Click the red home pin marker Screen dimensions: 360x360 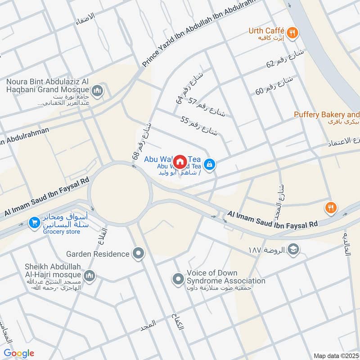point(180,161)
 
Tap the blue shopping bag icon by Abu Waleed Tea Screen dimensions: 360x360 point(209,165)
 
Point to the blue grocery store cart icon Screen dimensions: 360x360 point(34,222)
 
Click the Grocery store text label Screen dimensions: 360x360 point(61,232)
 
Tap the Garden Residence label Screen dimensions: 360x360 point(97,254)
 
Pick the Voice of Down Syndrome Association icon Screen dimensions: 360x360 point(178,279)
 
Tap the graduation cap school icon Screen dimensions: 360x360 point(293,249)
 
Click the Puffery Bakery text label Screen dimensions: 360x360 point(326,115)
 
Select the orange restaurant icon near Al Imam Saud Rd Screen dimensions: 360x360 point(331,207)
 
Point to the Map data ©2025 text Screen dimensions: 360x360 point(336,355)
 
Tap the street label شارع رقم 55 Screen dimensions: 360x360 point(199,126)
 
